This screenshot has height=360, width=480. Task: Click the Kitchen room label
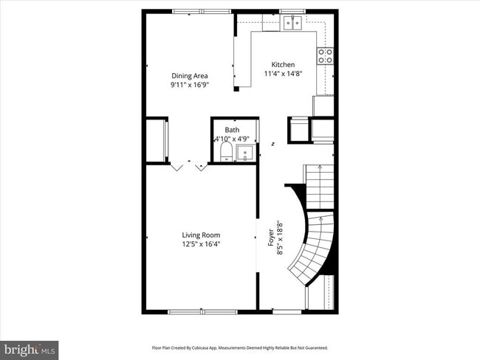pyautogui.click(x=283, y=65)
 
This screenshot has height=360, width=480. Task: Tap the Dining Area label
pyautogui.click(x=189, y=76)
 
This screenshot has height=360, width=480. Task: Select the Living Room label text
pyautogui.click(x=201, y=235)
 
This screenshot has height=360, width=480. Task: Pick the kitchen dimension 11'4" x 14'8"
pyautogui.click(x=283, y=74)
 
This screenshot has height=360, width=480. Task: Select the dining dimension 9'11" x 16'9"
pyautogui.click(x=189, y=85)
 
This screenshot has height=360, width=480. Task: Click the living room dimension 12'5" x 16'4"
pyautogui.click(x=201, y=244)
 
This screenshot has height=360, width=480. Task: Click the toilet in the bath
pyautogui.click(x=227, y=152)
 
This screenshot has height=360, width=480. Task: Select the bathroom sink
pyautogui.click(x=246, y=153)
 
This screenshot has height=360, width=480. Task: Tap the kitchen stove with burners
pyautogui.click(x=325, y=56)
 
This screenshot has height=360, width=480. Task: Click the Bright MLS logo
pyautogui.click(x=30, y=347)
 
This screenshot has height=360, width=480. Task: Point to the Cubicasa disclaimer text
pyautogui.click(x=239, y=347)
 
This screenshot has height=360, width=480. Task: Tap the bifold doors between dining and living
pyautogui.click(x=189, y=166)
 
